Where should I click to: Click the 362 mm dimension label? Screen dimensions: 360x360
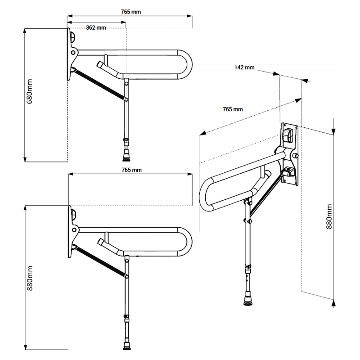click(96, 27)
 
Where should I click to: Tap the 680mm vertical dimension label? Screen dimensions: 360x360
click(29, 91)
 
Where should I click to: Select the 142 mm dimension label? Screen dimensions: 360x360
click(244, 67)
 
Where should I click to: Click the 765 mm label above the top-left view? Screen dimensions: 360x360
click(131, 12)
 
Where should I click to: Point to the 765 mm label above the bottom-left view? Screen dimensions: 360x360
click(131, 170)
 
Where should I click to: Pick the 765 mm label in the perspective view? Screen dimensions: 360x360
click(233, 109)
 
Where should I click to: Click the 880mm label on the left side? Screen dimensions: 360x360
click(30, 278)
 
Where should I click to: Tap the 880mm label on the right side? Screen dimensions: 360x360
click(329, 216)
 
